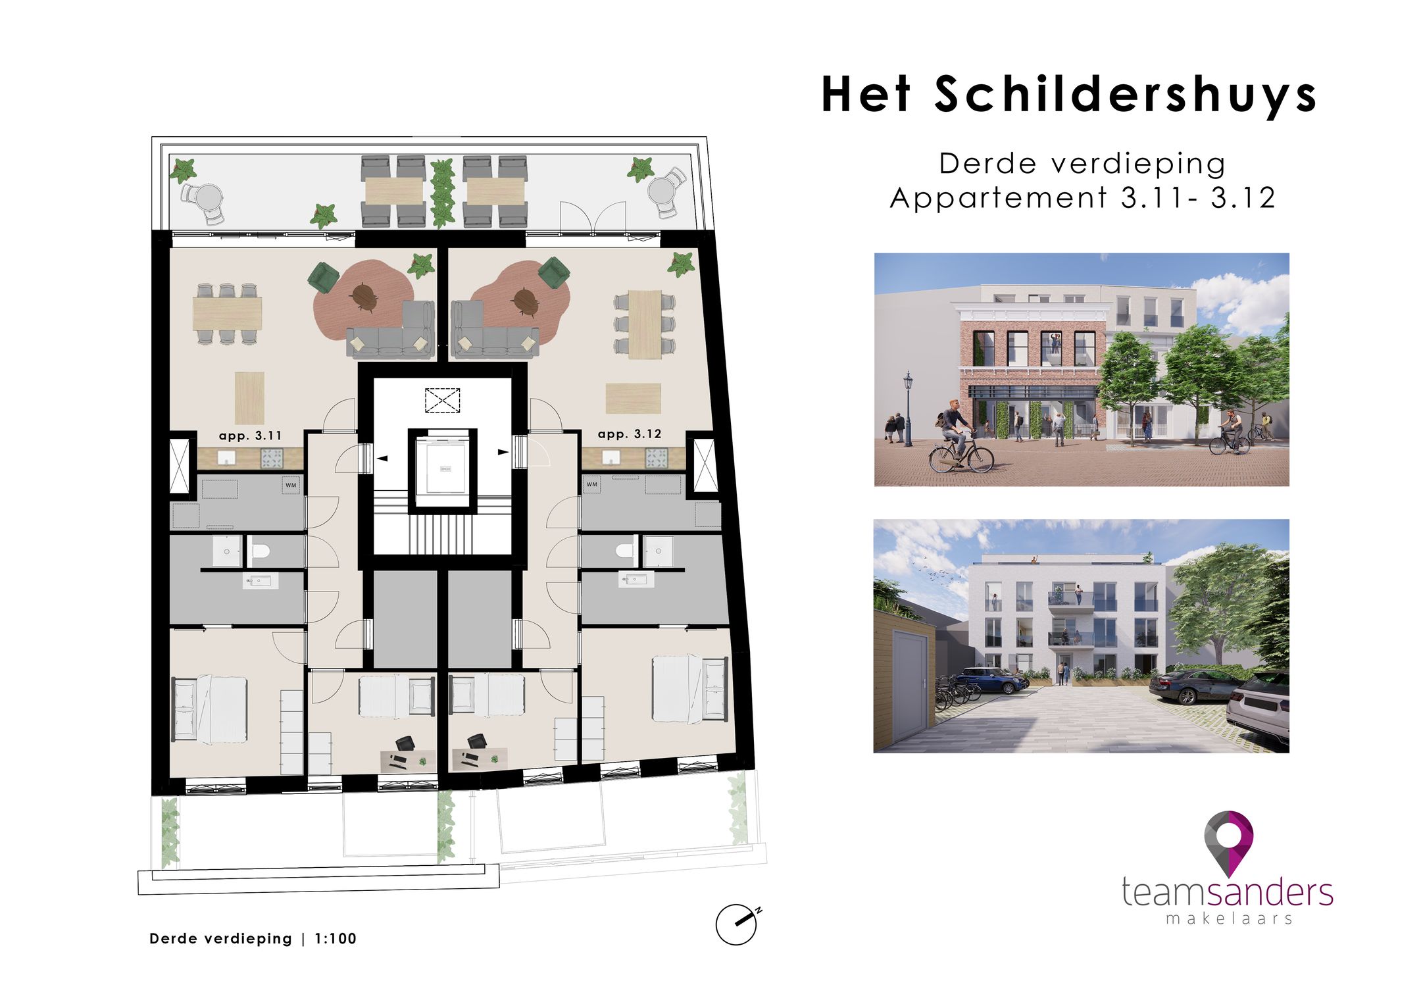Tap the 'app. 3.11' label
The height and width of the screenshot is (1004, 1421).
[x=250, y=436]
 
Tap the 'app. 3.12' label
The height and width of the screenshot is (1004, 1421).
[x=629, y=434]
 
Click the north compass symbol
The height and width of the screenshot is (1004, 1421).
[x=737, y=924]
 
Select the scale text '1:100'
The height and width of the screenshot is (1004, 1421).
[x=336, y=939]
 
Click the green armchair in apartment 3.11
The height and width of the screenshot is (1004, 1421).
[x=324, y=276]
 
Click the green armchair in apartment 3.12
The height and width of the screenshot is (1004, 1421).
[x=554, y=272]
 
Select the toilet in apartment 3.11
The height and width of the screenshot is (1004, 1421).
[x=261, y=550]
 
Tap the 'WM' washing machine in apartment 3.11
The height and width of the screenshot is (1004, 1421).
[x=291, y=485]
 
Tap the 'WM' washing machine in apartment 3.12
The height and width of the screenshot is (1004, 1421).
[x=592, y=484]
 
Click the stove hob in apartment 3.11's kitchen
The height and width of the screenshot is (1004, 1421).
[x=272, y=457]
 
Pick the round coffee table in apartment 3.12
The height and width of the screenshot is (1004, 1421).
[x=526, y=301]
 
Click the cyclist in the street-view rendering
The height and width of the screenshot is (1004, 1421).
[x=957, y=434]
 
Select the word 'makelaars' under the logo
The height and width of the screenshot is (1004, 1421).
[x=1229, y=918]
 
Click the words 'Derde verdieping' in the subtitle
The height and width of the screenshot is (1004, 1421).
[x=1082, y=163]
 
